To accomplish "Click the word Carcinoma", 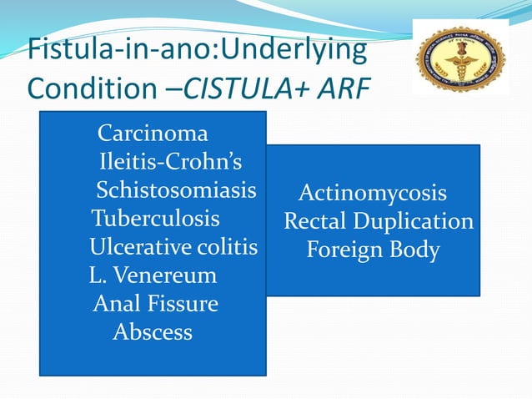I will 153,134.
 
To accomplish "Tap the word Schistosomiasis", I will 176,190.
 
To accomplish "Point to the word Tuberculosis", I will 156,219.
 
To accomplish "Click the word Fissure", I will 181,304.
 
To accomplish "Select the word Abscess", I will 153,332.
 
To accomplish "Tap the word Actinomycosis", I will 373,194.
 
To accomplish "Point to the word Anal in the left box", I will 116,304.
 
